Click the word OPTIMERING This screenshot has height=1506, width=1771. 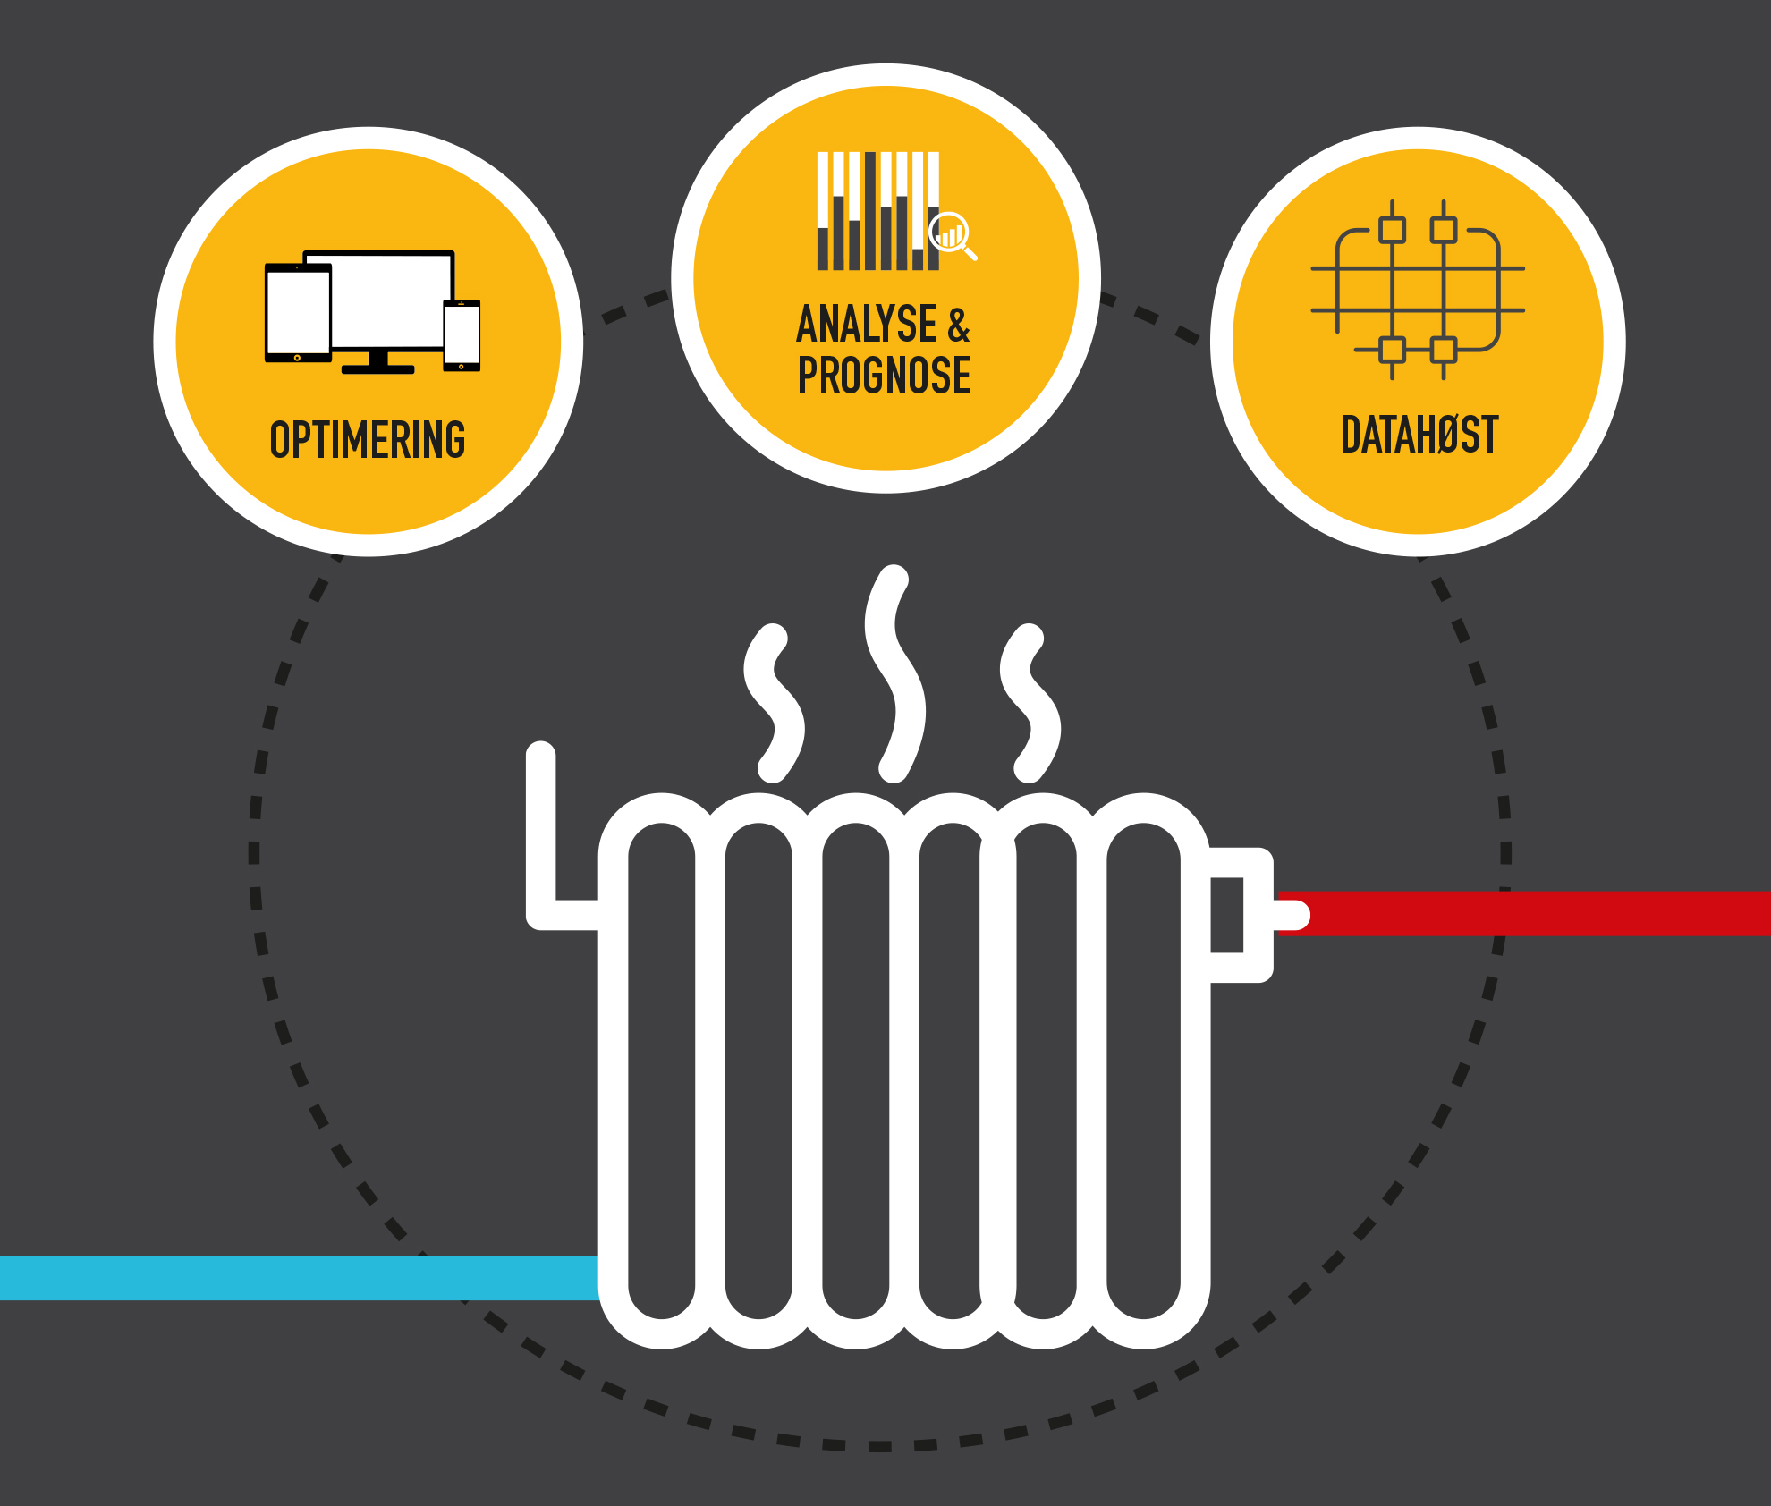tap(368, 439)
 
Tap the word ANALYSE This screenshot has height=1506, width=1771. tap(866, 324)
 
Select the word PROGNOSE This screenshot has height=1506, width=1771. tap(884, 375)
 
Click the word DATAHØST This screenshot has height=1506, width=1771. tap(1419, 435)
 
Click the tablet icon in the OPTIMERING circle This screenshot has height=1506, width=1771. tap(297, 313)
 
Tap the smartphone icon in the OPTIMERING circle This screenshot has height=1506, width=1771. tap(462, 335)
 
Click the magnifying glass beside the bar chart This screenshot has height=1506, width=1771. tap(952, 234)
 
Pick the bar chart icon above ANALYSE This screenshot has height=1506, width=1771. tap(877, 211)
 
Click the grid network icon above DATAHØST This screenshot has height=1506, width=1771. tap(1418, 289)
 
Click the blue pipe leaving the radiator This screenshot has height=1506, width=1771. tap(295, 1277)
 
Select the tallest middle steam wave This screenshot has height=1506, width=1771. tap(894, 673)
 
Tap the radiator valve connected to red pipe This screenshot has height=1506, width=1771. tap(1241, 914)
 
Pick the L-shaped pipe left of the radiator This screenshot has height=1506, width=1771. tap(542, 841)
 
